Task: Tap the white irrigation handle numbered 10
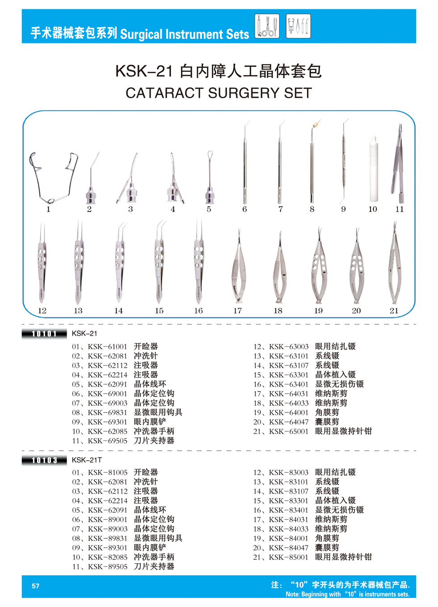373,169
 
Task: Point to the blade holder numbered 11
398,164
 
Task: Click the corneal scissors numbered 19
319,266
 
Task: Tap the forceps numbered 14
120,262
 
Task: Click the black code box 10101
44,334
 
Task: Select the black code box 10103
44,461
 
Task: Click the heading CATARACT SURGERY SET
219,93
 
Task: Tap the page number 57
36,586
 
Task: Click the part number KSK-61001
107,347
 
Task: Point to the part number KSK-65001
289,432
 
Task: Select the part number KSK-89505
107,567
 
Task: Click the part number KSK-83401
289,510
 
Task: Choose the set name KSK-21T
87,460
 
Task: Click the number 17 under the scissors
237,311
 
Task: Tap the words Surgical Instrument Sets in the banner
185,34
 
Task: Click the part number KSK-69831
107,413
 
